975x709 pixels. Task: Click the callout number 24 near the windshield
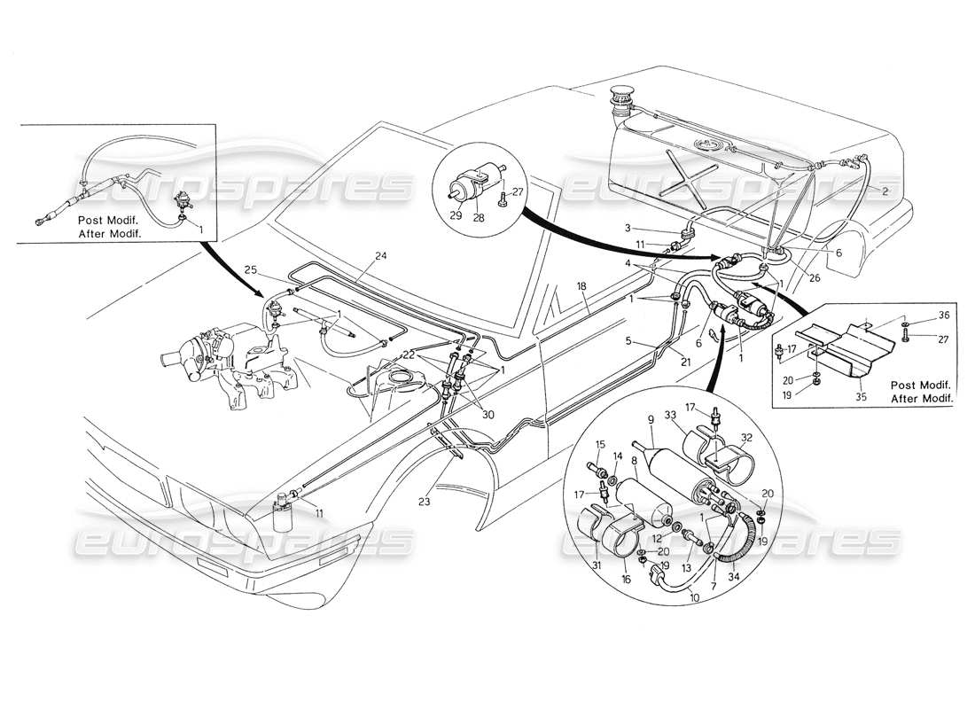pyautogui.click(x=380, y=256)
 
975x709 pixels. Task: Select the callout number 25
pyautogui.click(x=251, y=269)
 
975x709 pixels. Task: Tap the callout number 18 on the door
pyautogui.click(x=581, y=287)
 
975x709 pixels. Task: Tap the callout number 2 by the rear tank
pyautogui.click(x=885, y=191)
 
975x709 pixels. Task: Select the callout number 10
pyautogui.click(x=680, y=599)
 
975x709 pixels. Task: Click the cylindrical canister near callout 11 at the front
pyautogui.click(x=285, y=513)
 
